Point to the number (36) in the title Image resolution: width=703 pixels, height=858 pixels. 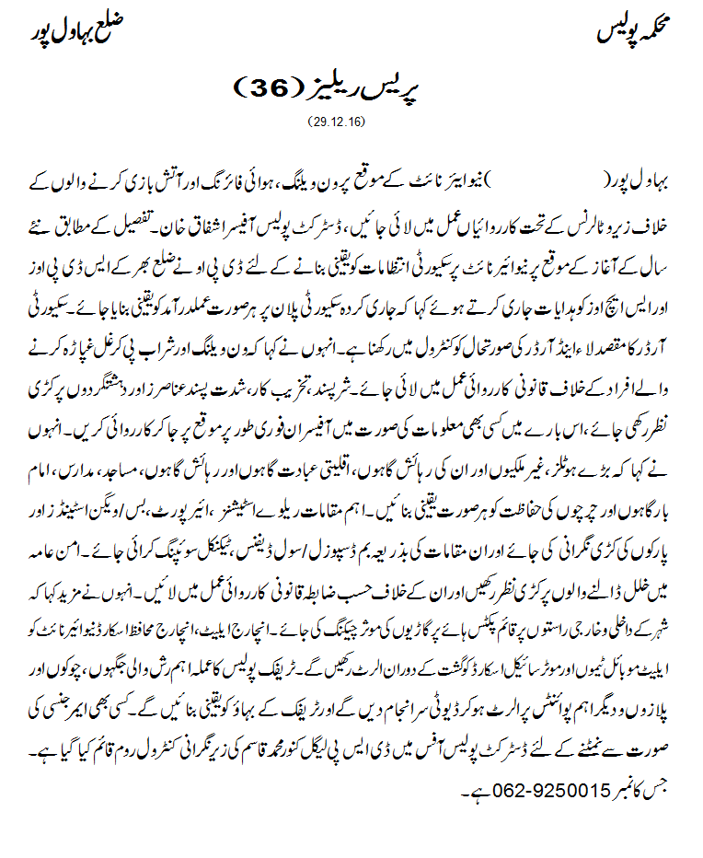pyautogui.click(x=269, y=89)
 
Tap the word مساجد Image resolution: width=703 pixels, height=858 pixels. pyautogui.click(x=141, y=475)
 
